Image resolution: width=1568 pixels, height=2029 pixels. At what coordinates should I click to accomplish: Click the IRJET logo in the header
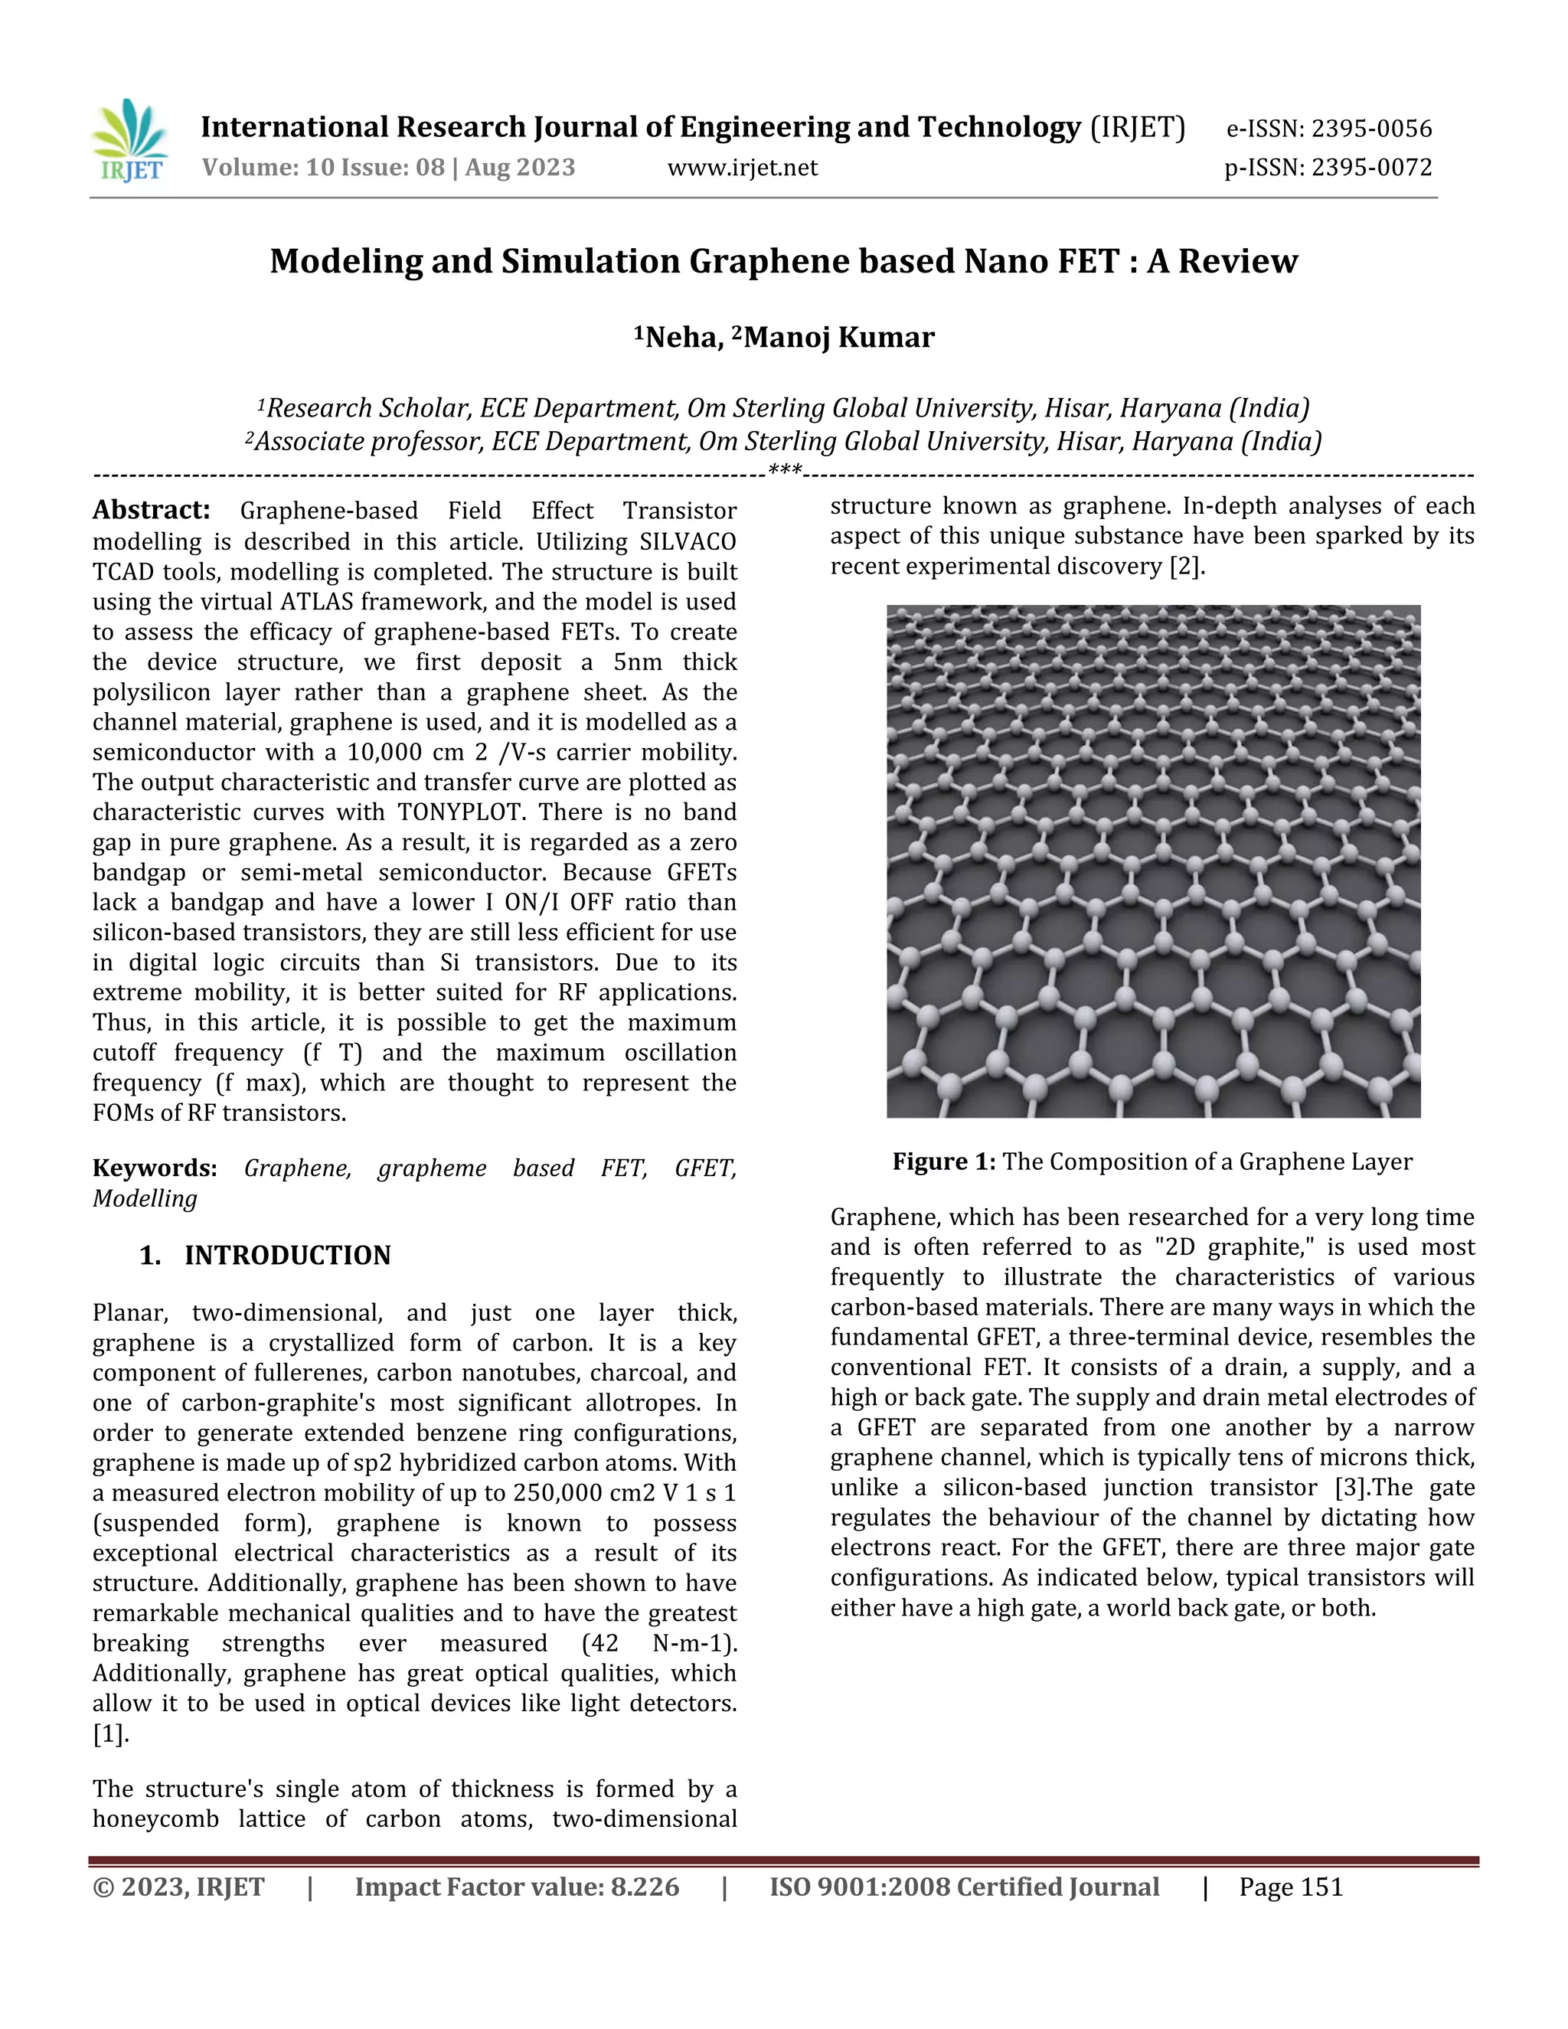tap(130, 141)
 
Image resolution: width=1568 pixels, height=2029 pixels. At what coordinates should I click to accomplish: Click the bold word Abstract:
tap(152, 510)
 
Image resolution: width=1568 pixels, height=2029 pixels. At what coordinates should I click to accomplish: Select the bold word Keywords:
tap(154, 1168)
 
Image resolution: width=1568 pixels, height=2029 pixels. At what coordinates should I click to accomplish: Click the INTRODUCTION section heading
tap(287, 1255)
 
